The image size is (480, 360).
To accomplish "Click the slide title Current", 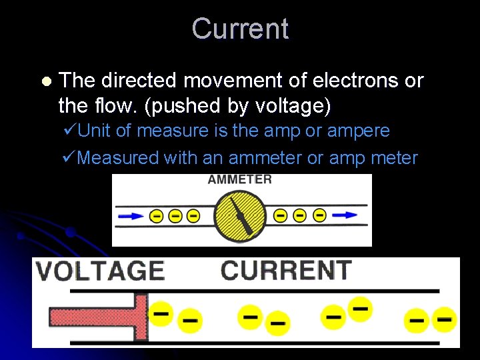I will [240, 29].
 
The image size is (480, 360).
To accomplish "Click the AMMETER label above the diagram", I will [240, 179].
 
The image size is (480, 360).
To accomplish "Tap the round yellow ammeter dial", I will [240, 215].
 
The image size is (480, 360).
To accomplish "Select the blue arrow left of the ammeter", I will [131, 216].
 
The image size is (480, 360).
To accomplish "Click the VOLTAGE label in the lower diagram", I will [100, 271].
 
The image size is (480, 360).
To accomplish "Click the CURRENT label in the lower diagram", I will [286, 270].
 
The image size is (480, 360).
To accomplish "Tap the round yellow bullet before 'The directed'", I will [45, 81].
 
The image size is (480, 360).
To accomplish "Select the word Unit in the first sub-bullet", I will [95, 131].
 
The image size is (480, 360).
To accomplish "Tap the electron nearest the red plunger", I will [161, 312].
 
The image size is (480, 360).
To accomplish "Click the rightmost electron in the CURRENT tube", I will [445, 319].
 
